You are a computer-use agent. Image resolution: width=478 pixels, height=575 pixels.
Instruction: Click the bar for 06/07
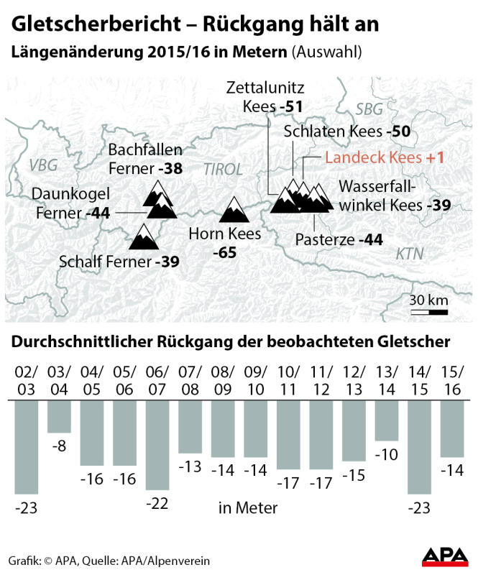pos(158,446)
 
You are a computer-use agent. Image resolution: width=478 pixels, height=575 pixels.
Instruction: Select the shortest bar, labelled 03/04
pos(59,416)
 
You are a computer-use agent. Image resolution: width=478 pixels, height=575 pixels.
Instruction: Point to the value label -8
pos(60,446)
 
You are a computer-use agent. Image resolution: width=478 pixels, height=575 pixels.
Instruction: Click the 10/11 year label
pos(288,381)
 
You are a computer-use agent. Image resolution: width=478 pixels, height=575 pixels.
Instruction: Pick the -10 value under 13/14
pos(387,454)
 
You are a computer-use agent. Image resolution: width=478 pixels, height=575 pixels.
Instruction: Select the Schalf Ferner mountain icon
pos(143,236)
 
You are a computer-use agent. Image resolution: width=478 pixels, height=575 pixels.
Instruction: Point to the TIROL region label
pos(224,170)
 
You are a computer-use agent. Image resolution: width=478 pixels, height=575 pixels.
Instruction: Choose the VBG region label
pos(43,165)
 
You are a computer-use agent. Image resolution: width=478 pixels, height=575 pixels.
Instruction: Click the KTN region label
pos(410,254)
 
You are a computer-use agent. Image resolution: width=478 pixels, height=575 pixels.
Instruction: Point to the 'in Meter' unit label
pos(247,508)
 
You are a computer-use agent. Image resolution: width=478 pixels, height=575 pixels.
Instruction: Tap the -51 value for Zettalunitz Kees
pos(291,107)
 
